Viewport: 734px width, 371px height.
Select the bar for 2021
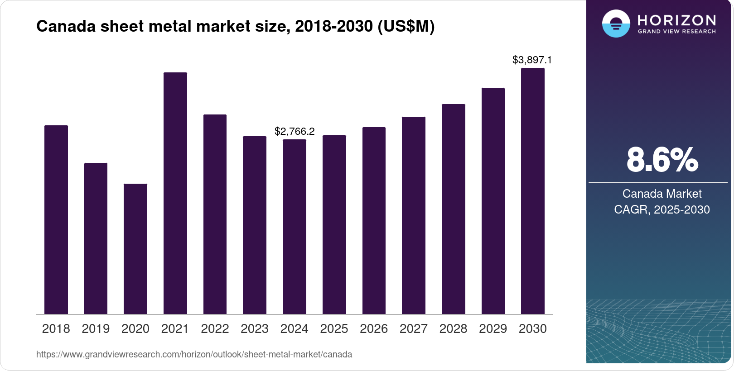click(175, 193)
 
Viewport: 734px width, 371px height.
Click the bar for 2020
click(135, 249)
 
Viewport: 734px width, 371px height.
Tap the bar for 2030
click(533, 191)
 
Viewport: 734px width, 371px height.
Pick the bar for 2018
click(56, 219)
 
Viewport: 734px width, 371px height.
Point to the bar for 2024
click(295, 227)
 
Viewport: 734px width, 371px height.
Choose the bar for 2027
click(414, 215)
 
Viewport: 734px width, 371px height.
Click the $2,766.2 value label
click(295, 132)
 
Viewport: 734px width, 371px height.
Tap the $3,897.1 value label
click(532, 60)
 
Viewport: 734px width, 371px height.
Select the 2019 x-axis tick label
click(96, 329)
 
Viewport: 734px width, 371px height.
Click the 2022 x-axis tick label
click(215, 329)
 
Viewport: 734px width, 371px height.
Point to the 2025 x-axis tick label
click(334, 329)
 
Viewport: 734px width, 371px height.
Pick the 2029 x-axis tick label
click(493, 329)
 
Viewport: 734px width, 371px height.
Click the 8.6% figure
click(662, 160)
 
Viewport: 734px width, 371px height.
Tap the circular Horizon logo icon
click(616, 24)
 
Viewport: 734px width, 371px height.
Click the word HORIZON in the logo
click(677, 20)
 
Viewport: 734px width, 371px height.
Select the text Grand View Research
click(677, 32)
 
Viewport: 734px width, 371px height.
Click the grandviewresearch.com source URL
click(194, 355)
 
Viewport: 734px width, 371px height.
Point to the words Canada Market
click(662, 194)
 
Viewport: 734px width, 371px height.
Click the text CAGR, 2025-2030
click(662, 209)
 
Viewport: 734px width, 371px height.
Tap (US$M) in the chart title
click(406, 27)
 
